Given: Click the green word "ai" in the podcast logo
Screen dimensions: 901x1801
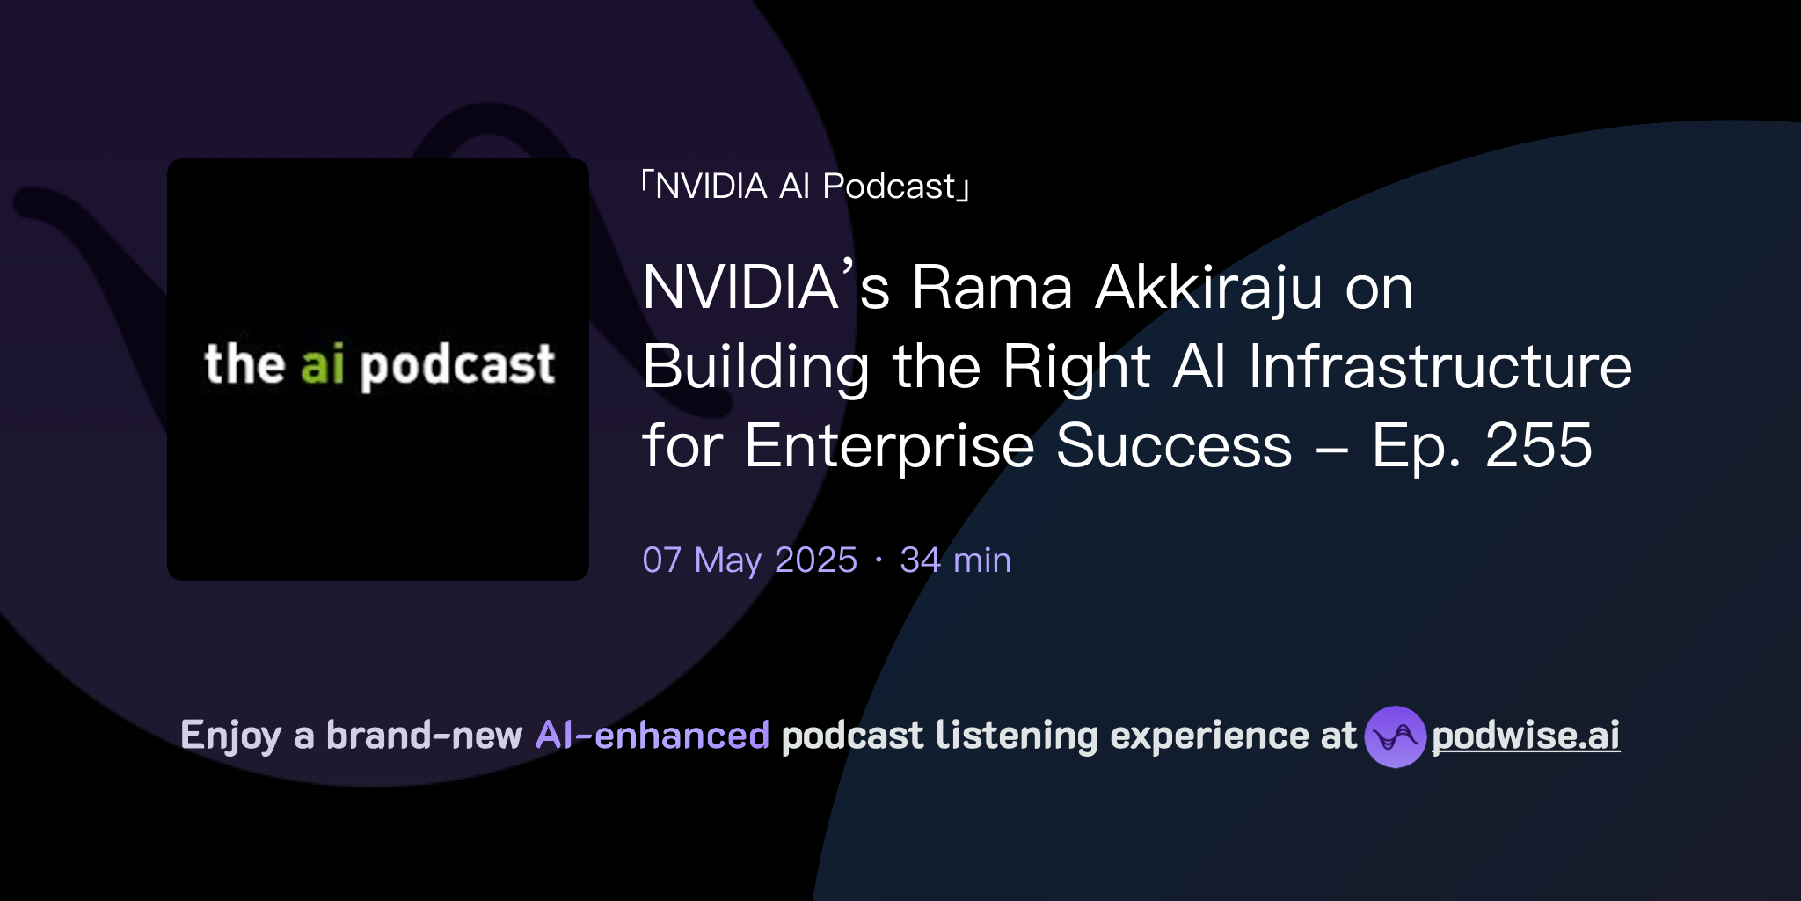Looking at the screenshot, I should pyautogui.click(x=322, y=365).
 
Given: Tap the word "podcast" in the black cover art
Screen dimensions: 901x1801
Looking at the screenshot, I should pyautogui.click(x=458, y=367).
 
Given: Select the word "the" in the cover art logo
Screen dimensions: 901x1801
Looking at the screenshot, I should pyautogui.click(x=244, y=364).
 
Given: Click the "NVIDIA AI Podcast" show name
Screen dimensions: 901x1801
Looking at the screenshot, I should pyautogui.click(x=805, y=187).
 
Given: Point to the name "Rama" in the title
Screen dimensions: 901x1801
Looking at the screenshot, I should pyautogui.click(x=992, y=288).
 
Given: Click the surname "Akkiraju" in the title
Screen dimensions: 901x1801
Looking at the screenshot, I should pyautogui.click(x=1208, y=289).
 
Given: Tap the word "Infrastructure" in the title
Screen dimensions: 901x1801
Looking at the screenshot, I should pyautogui.click(x=1440, y=367).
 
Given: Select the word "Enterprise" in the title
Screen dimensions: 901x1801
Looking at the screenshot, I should pyautogui.click(x=888, y=447).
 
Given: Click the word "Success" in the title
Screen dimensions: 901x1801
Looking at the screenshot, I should pyautogui.click(x=1174, y=446).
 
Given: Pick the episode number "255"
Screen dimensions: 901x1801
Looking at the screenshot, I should pyautogui.click(x=1538, y=446).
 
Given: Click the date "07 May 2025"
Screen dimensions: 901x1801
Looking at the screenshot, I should pyautogui.click(x=749, y=560).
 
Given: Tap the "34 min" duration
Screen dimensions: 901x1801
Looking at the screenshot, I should pyautogui.click(x=955, y=560).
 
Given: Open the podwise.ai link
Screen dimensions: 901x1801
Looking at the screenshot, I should pyautogui.click(x=1526, y=736).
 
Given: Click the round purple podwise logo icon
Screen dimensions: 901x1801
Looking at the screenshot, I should pyautogui.click(x=1395, y=736).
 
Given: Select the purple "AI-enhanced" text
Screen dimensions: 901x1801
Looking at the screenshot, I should pyautogui.click(x=653, y=736).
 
